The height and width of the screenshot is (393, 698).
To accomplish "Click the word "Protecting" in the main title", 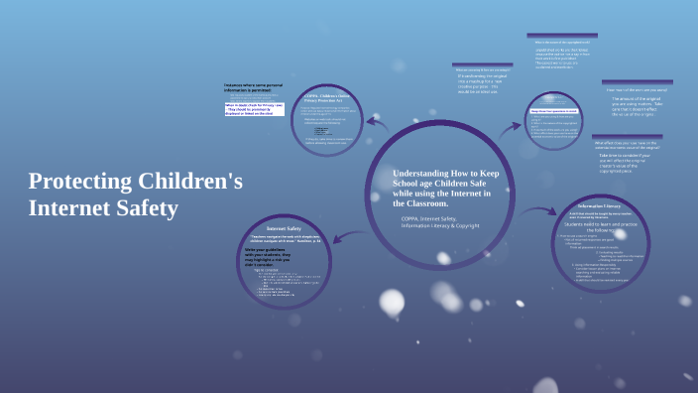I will tap(77, 182).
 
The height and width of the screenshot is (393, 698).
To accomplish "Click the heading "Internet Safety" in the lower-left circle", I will tap(284, 228).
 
